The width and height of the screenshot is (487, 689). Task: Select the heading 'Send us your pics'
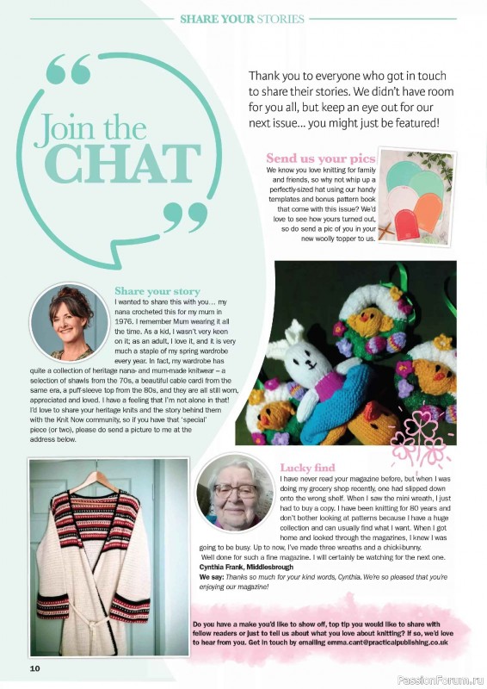[x=320, y=158]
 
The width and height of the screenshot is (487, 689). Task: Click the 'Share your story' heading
[x=157, y=291]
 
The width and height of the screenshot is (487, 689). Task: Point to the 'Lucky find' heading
[x=307, y=467]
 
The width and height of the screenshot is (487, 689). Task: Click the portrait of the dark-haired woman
[x=68, y=321]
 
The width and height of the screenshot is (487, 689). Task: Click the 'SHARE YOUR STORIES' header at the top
[x=242, y=18]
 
